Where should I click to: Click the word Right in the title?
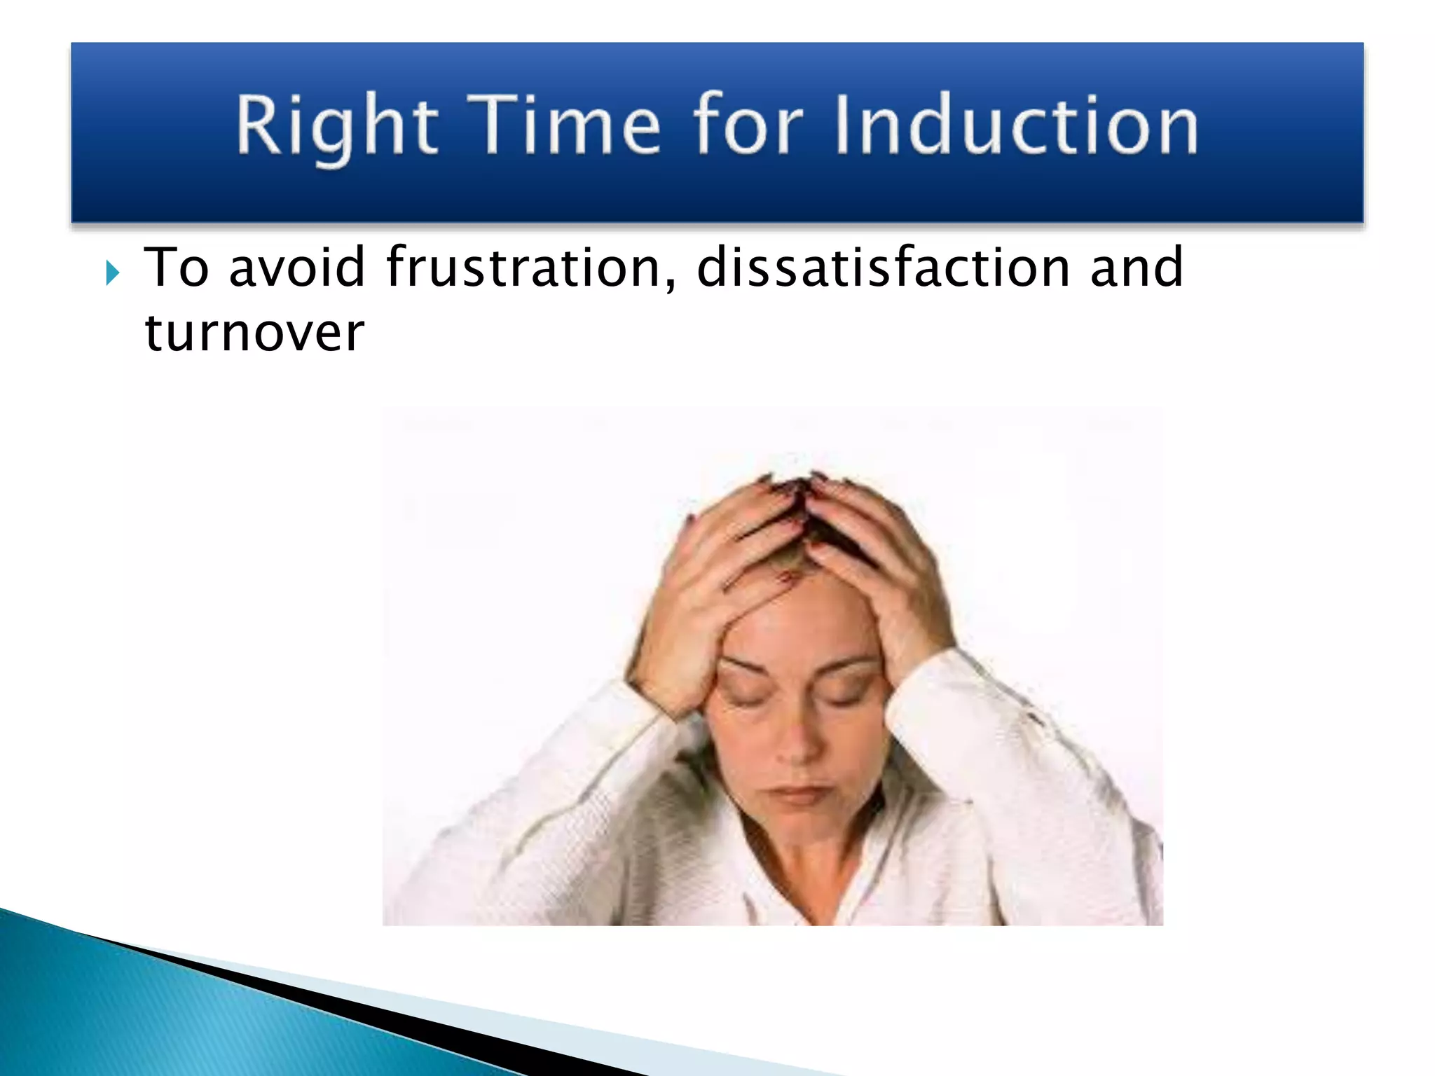336,126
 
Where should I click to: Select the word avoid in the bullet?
296,268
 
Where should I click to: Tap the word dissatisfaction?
883,268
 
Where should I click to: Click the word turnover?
254,332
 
